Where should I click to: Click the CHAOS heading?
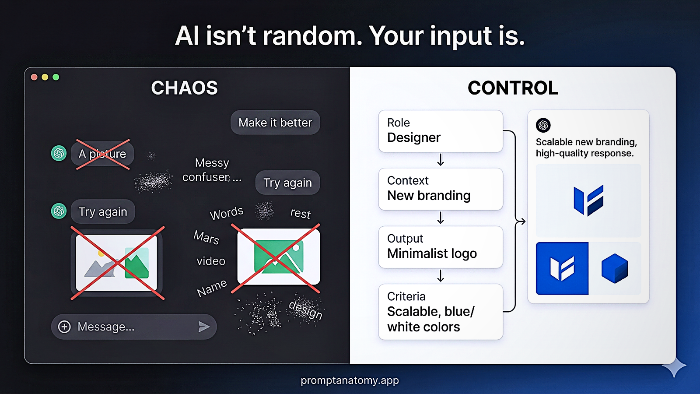click(184, 88)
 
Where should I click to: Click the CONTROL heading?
click(513, 88)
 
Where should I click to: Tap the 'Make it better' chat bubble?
click(275, 123)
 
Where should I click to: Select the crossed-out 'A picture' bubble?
click(102, 154)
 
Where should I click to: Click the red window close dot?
click(34, 77)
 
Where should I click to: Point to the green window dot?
click(56, 77)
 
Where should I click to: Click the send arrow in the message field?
click(204, 327)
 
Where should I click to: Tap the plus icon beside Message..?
click(64, 327)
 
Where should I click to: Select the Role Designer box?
click(441, 131)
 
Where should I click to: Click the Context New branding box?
click(441, 189)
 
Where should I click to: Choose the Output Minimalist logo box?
click(441, 247)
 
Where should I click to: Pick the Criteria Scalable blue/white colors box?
click(441, 312)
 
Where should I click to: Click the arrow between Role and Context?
click(441, 160)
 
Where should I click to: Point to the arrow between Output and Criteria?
click(441, 276)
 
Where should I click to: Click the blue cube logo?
click(615, 268)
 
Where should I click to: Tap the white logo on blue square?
click(562, 268)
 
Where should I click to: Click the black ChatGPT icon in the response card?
click(543, 125)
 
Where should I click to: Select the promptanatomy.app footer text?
click(350, 380)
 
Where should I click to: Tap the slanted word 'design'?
click(306, 310)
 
